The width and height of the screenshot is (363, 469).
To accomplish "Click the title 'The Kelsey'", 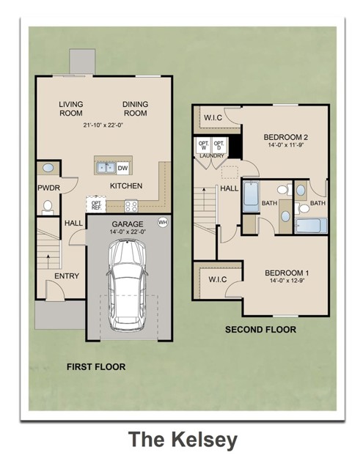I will point(183,439).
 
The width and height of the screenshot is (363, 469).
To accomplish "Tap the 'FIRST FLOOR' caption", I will point(96,366).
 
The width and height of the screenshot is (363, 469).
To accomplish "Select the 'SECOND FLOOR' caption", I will point(260,330).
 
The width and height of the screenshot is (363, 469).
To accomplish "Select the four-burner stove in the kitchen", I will point(133,206).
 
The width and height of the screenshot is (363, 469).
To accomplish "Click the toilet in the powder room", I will point(48,207).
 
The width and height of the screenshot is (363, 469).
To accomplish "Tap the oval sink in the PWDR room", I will point(46,169).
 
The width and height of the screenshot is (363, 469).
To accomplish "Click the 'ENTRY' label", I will point(67,276).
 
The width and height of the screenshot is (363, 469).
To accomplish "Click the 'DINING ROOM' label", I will point(135,109).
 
